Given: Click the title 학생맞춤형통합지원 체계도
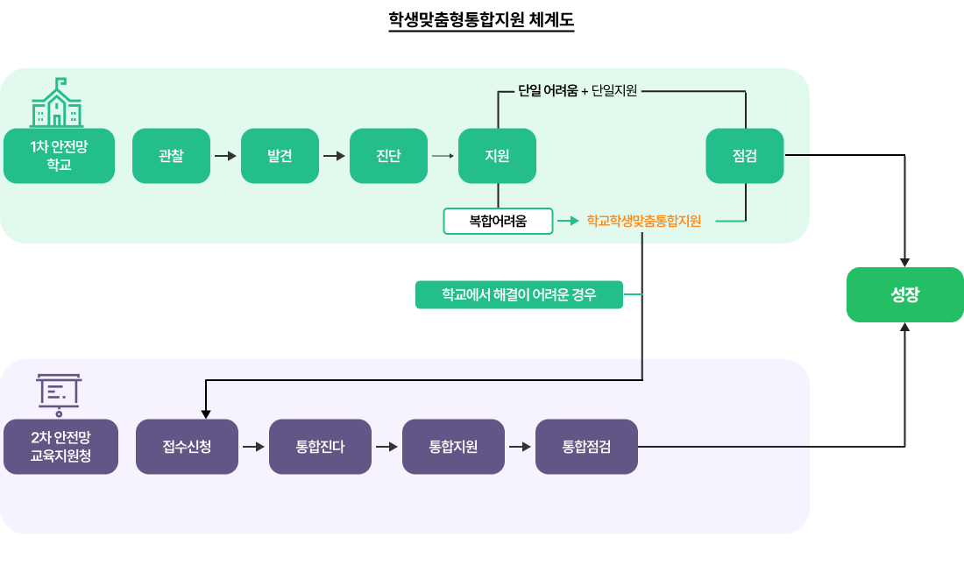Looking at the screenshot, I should point(481,19).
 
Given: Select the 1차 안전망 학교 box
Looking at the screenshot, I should point(59,156).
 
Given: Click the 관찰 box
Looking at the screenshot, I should point(172,156).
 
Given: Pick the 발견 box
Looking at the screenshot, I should point(280,156).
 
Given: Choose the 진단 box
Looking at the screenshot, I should point(388,156).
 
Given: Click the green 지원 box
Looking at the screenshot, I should point(498,156).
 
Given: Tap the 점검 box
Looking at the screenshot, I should point(745,156).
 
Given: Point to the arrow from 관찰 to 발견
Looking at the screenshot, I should point(225,156).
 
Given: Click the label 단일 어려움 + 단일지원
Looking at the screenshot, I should point(578,90).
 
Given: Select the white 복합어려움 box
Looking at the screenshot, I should point(498,221).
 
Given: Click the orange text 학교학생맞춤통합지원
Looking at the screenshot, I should point(644,221).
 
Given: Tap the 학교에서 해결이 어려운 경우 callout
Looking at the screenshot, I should point(519,295).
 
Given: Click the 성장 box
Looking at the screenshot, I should point(904,295).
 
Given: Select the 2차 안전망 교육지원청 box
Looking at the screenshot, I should point(60,447).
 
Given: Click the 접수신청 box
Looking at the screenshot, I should point(187,447).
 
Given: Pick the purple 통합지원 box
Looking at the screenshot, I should point(453,447).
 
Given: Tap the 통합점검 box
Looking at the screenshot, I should point(586,447).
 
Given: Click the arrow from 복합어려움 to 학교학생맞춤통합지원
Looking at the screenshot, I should point(568,221).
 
